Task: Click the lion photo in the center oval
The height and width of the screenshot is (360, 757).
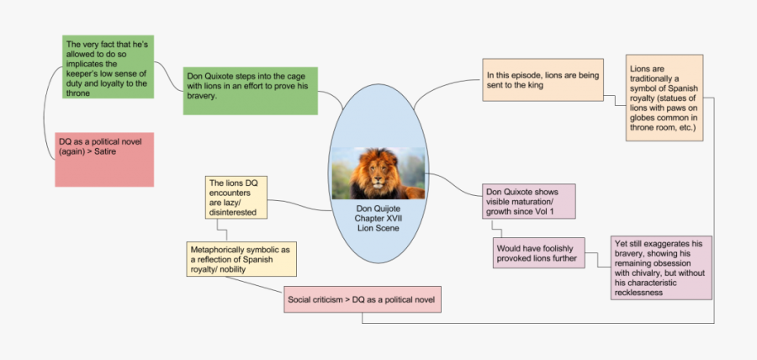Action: pos(378,174)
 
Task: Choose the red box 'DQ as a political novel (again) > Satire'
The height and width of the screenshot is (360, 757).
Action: pos(104,157)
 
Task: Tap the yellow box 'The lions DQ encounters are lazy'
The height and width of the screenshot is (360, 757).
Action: pos(236,198)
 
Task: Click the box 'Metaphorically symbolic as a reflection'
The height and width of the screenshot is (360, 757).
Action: pos(241,259)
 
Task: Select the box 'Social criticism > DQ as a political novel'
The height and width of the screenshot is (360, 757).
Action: pos(363,300)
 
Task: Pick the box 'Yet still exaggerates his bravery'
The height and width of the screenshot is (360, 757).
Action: pos(662,267)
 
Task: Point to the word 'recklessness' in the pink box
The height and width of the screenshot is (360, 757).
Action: pos(644,293)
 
